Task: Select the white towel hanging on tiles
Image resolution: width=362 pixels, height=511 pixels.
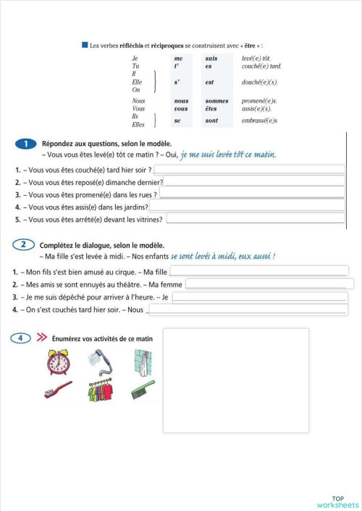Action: click(143, 361)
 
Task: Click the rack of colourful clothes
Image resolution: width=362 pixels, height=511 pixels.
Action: click(100, 392)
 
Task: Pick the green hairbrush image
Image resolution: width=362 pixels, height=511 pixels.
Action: click(143, 390)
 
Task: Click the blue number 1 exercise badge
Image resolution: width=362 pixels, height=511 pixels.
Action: click(25, 145)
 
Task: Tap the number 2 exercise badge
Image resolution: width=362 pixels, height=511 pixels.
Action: click(25, 245)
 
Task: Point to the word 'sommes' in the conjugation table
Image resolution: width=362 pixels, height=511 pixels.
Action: click(216, 101)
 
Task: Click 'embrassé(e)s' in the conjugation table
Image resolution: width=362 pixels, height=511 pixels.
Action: click(259, 121)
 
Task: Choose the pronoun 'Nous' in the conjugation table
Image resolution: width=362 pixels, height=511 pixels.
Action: click(138, 101)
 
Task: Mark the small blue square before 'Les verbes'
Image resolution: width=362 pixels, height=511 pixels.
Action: click(85, 45)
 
